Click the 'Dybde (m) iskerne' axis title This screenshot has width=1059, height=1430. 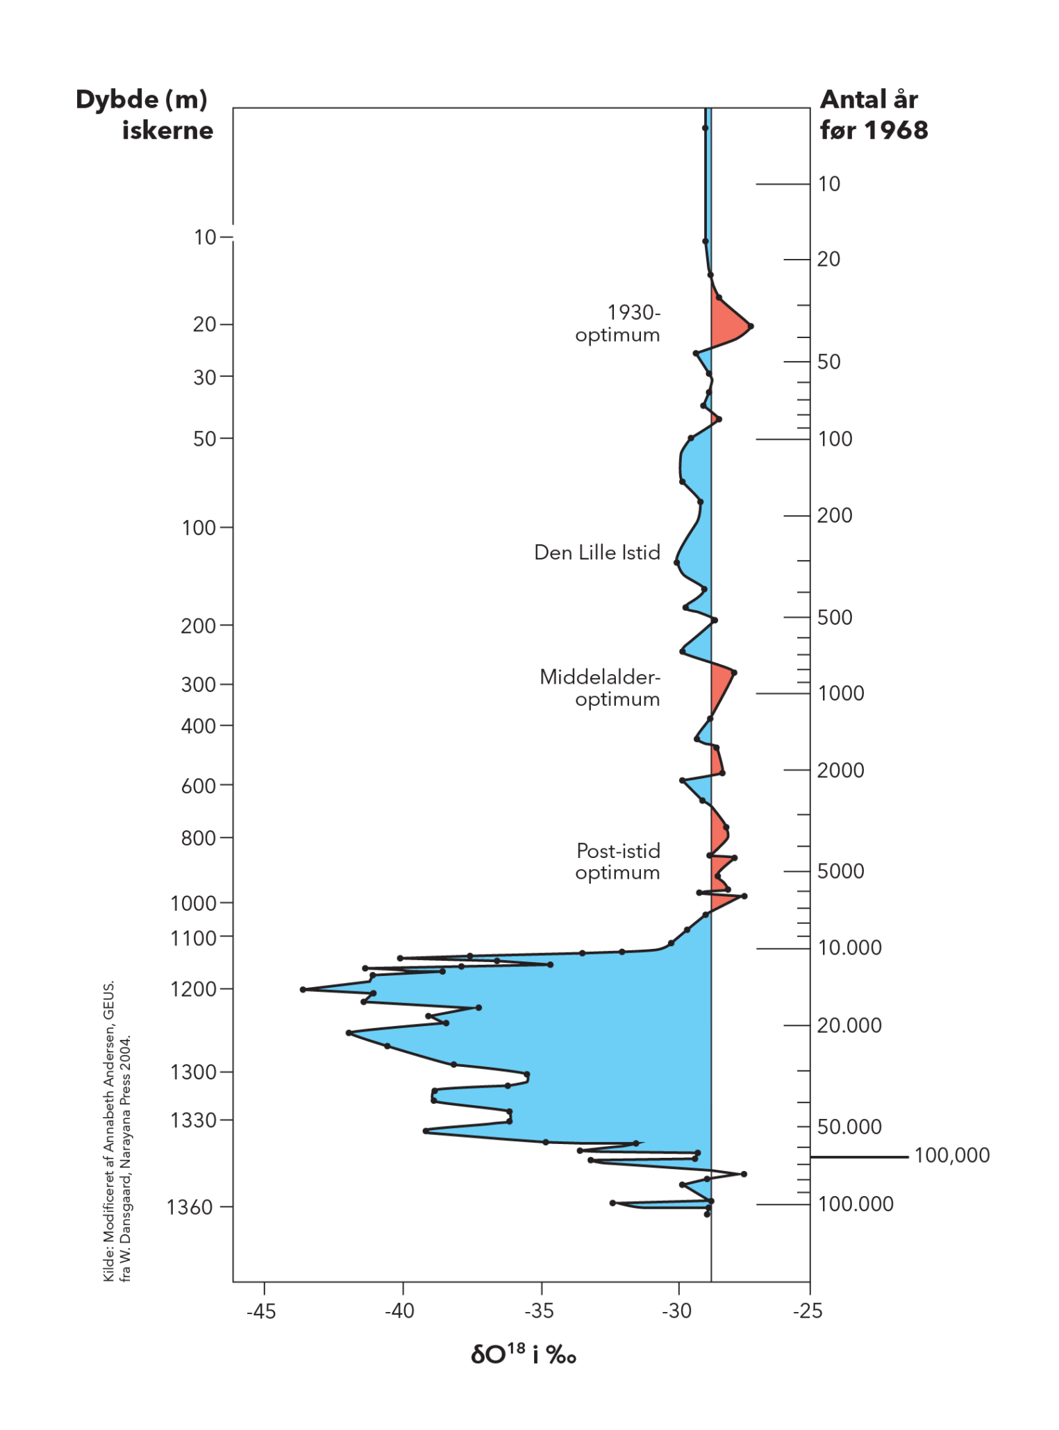click(x=144, y=115)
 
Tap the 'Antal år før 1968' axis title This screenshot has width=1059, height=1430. click(x=873, y=115)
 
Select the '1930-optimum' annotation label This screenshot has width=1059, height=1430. click(x=618, y=323)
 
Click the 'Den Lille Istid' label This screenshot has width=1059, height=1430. click(x=597, y=553)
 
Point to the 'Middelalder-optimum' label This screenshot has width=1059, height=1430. click(x=600, y=688)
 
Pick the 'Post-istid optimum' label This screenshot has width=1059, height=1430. click(x=617, y=861)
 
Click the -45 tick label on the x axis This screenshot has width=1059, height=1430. click(x=261, y=1311)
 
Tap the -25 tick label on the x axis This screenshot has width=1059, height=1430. click(x=808, y=1311)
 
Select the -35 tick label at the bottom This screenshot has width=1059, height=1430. click(x=539, y=1311)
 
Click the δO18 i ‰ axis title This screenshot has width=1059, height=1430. click(x=524, y=1354)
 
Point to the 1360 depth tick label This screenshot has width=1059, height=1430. click(x=189, y=1208)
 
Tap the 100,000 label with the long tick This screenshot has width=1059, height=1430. click(x=951, y=1156)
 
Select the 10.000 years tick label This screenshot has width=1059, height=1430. click(x=849, y=948)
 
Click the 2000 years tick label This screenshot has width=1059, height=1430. click(x=840, y=771)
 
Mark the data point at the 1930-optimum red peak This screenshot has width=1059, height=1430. click(x=751, y=326)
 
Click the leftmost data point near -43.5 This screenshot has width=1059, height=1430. click(x=303, y=989)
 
